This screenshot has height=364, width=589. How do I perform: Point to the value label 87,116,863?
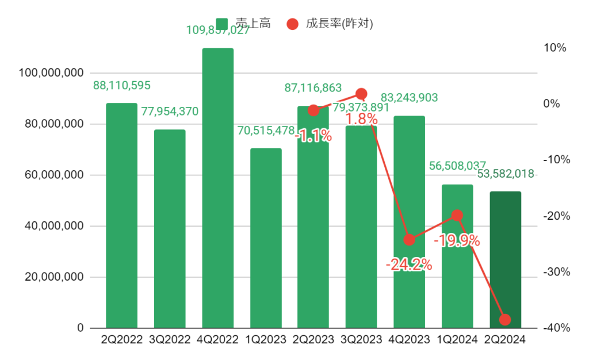coord(313,88)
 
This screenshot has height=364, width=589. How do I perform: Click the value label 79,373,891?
coord(361,108)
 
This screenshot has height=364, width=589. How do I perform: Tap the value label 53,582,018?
coord(506,174)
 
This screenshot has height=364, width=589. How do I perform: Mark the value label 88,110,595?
coord(122,86)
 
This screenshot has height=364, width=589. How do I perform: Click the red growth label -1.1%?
coord(313,136)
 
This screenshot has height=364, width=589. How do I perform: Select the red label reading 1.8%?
coord(362,120)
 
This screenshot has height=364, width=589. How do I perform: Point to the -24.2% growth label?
coord(409,265)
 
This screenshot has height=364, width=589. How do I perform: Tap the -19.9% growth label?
coord(457,241)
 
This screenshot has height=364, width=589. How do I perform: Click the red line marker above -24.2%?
coord(410,240)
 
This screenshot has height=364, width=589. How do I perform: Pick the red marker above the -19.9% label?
coord(457,215)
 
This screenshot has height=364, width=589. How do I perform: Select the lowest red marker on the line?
coord(505,320)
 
